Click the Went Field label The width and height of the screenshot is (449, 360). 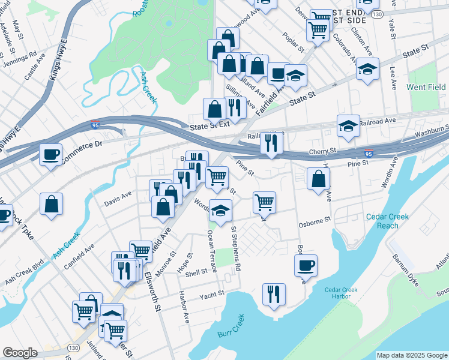point(426,87)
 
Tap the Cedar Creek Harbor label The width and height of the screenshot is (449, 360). point(340,293)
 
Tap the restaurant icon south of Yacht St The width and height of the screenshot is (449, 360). point(273,294)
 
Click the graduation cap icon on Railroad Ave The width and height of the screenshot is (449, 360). point(348,125)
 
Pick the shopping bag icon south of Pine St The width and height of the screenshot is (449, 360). point(318,179)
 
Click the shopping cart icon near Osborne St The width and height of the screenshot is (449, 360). point(264,202)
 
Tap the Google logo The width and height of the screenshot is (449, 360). point(20,353)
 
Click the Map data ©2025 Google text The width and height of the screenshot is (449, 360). point(411,355)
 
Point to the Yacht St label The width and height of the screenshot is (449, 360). point(212,294)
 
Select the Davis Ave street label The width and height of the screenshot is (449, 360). point(118,196)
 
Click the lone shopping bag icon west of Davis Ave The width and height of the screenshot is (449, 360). point(52,203)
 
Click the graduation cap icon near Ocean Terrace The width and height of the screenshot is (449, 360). point(221,211)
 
